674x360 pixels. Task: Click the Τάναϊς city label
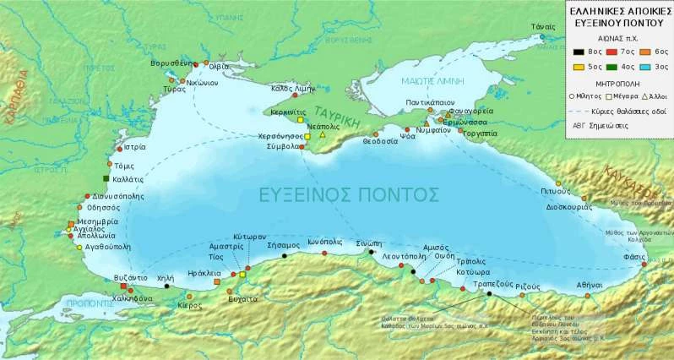click(542, 26)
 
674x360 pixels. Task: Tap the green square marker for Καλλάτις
click(106, 178)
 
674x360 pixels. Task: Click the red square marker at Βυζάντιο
click(123, 286)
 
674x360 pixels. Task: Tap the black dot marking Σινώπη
click(372, 251)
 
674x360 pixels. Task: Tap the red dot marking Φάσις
click(644, 265)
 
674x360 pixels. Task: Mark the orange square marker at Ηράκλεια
click(217, 282)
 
